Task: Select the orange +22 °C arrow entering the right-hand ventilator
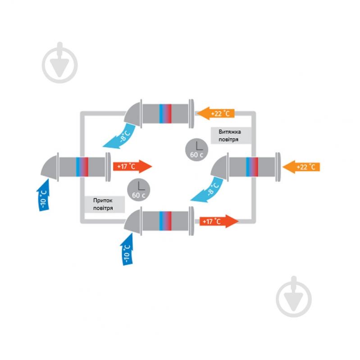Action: pos(301,166)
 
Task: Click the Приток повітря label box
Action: pos(105,205)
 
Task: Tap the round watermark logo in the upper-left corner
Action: pos(59,64)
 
